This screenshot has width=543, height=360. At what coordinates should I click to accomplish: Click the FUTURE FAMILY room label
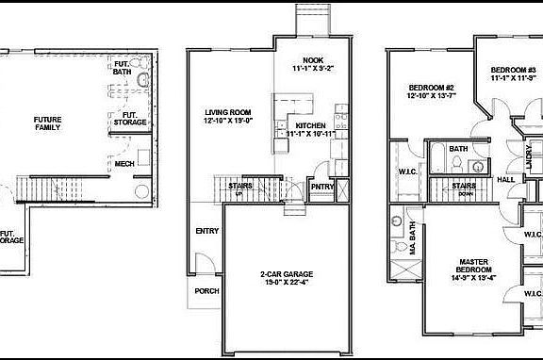[47, 123]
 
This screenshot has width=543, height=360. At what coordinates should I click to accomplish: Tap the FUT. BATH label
[122, 68]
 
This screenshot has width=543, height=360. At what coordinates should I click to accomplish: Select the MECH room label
[124, 164]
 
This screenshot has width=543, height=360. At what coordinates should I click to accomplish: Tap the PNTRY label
[320, 186]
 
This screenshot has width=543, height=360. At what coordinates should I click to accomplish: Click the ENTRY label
[206, 231]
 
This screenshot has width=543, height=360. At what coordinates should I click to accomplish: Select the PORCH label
[206, 291]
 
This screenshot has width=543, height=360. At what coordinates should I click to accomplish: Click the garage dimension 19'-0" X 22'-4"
[286, 282]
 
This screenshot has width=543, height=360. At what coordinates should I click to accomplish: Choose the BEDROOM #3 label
[512, 71]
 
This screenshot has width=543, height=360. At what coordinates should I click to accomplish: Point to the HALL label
[505, 179]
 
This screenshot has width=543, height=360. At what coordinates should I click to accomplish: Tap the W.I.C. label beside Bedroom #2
[406, 172]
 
